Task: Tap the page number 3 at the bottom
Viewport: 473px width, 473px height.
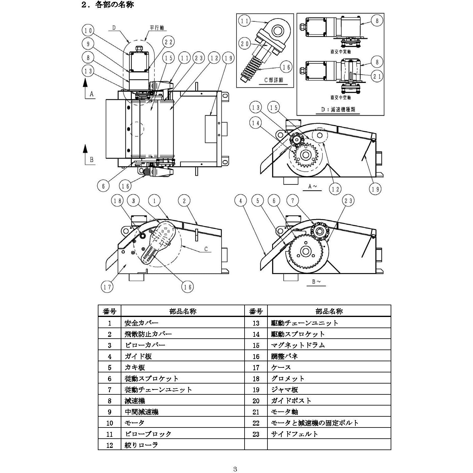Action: (235, 468)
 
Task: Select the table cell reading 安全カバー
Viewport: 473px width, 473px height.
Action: (141, 323)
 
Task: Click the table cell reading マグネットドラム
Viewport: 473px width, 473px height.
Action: (298, 345)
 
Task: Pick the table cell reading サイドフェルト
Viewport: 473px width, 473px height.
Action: (294, 434)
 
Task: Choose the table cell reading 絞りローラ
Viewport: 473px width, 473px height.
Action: (141, 445)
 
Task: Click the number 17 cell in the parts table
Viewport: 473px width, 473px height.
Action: (256, 367)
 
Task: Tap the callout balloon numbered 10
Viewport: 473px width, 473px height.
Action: (88, 30)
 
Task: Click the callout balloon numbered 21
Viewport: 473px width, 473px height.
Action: (377, 76)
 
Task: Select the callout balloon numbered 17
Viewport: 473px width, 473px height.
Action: (107, 287)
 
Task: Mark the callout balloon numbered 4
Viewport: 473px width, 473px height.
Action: (241, 201)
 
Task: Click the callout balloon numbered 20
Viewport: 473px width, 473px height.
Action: (245, 44)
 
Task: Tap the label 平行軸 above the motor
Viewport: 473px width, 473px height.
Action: (157, 28)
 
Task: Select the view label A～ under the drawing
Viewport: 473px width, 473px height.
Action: (312, 186)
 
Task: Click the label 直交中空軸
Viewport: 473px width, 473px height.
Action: (341, 98)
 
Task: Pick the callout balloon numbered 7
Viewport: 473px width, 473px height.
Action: (293, 201)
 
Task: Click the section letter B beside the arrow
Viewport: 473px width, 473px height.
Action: (92, 160)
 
